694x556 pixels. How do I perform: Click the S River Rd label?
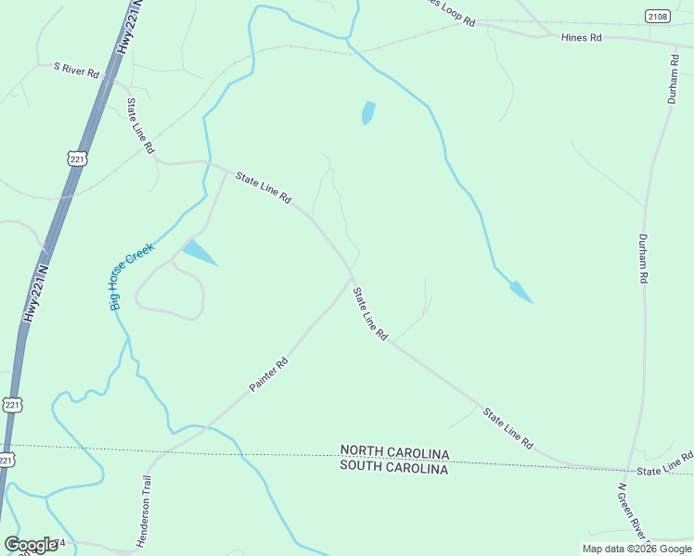(x=77, y=69)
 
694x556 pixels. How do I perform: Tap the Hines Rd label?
(x=582, y=38)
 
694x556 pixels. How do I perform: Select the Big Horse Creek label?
(x=131, y=275)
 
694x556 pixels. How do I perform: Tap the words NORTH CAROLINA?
(x=394, y=453)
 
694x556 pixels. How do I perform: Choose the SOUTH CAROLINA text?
(x=394, y=469)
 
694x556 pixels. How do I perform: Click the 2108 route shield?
(x=658, y=16)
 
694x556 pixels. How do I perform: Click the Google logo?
(x=31, y=545)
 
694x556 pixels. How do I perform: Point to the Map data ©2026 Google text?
(x=636, y=549)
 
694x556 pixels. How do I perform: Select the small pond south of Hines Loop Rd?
(x=368, y=112)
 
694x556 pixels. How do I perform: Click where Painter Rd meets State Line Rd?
(x=352, y=276)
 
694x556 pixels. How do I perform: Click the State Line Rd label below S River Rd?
(x=141, y=126)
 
